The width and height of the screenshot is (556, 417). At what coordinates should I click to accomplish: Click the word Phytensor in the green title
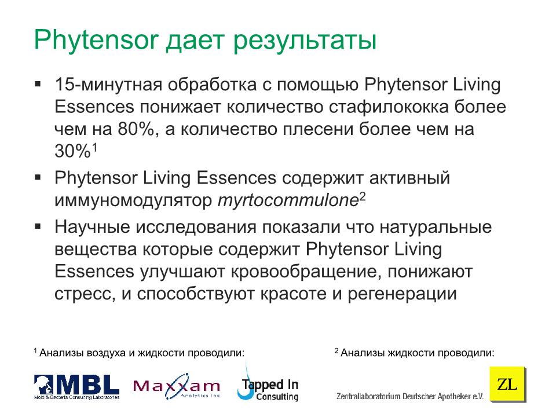coord(96,41)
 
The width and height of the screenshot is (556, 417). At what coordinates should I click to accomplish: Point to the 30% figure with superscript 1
coord(76,151)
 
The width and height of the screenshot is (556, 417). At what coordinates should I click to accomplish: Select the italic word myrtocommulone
coord(288,200)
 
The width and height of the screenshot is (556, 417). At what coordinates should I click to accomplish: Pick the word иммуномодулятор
coord(133,201)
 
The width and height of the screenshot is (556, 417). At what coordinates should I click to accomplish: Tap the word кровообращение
coord(306,272)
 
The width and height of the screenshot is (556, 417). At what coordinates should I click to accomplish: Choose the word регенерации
coord(402,294)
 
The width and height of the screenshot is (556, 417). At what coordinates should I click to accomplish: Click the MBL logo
coord(76,386)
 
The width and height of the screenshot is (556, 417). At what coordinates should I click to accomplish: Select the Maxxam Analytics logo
coord(177,386)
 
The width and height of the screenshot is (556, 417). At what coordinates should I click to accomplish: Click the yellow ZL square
coord(507,384)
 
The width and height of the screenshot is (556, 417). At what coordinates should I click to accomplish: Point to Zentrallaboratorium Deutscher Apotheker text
coord(409,396)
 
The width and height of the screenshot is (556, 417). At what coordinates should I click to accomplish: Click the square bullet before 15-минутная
coord(38,84)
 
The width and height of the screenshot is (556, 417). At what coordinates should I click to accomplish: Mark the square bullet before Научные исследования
coord(38,226)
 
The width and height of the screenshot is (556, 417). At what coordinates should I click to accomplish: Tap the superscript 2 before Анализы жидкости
coord(336,351)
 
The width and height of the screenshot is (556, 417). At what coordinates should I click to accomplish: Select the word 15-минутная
coord(108,85)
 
